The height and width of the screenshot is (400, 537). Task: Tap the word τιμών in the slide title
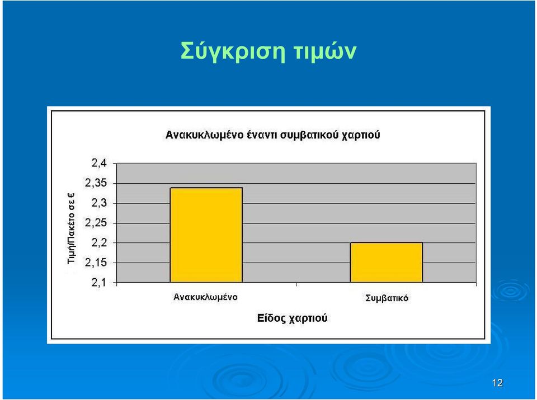[x=325, y=51]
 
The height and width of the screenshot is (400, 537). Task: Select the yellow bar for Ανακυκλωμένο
[x=206, y=235]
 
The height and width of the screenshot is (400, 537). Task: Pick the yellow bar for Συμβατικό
[x=387, y=263]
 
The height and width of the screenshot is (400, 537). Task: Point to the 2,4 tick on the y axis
[x=99, y=164]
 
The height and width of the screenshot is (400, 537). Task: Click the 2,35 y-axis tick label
[x=96, y=183]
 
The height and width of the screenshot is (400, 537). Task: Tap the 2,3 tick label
[x=99, y=203]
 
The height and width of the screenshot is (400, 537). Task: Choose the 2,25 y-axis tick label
[x=96, y=223]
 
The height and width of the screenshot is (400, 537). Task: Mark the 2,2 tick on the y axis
[x=99, y=243]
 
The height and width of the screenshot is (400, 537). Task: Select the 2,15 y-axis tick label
[x=96, y=263]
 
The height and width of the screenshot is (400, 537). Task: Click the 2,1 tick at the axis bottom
[x=99, y=283]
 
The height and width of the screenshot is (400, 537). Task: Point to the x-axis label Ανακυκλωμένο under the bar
[x=205, y=297]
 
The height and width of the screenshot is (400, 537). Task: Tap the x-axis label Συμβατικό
[x=387, y=298]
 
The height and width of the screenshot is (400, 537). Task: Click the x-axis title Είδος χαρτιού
[x=292, y=318]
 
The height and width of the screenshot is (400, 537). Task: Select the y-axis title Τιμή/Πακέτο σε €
[x=71, y=228]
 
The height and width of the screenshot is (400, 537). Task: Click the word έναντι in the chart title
[x=260, y=135]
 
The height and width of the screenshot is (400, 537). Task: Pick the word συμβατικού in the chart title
[x=309, y=135]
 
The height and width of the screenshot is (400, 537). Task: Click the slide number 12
[x=497, y=383]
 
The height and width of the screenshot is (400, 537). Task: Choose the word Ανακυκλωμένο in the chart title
[x=205, y=135]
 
